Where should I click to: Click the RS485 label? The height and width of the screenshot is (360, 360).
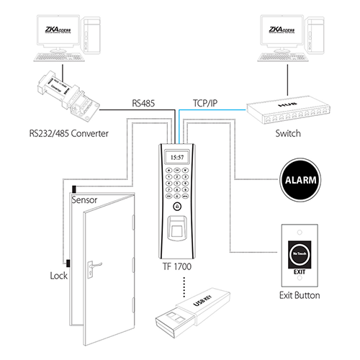[146, 103]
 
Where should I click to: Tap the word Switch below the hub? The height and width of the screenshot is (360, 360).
[287, 135]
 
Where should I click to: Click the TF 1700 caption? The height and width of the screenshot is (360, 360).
[177, 266]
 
